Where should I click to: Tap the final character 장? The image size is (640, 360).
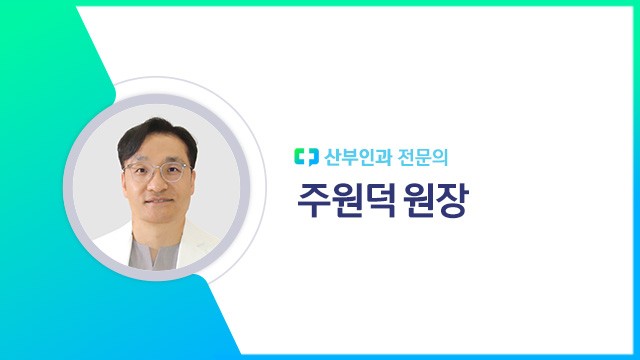coord(458,198)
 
